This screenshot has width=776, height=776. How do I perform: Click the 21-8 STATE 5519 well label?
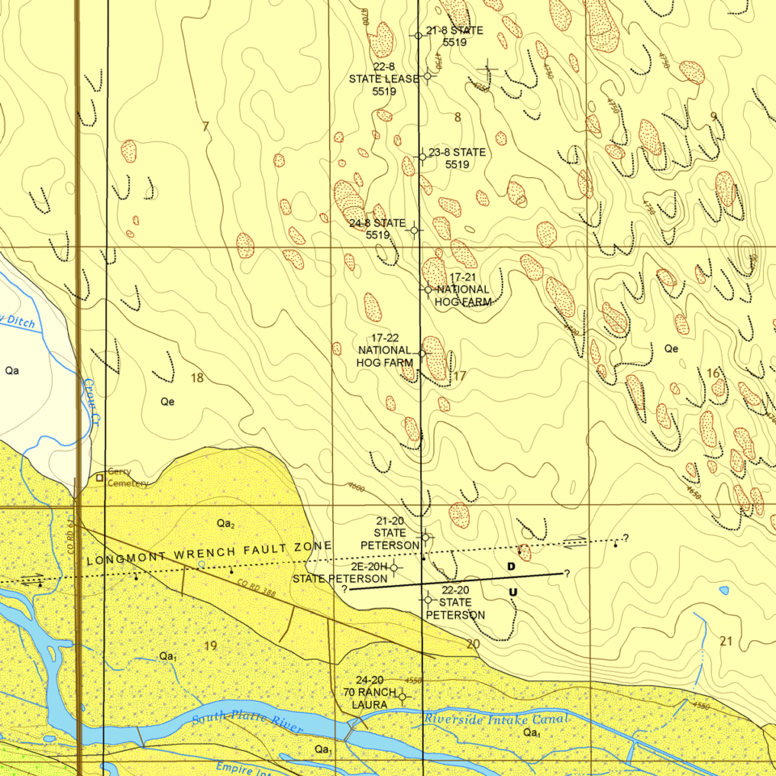tap(453, 36)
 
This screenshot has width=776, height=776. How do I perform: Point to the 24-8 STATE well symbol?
tap(415, 230)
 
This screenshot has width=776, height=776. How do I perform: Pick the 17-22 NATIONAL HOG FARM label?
tap(386, 351)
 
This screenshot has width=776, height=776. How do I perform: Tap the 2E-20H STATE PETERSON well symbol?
tap(394, 567)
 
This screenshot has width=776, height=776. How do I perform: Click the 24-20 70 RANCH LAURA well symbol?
tap(402, 695)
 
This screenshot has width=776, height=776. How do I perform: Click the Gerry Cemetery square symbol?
tap(99, 478)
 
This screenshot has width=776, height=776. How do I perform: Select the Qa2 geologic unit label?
tap(226, 524)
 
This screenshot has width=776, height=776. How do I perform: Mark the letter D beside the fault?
tap(511, 567)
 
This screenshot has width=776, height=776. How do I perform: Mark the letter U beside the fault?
tap(512, 593)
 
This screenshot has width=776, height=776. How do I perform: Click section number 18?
tap(197, 377)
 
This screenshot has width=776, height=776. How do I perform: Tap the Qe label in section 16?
tap(671, 348)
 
